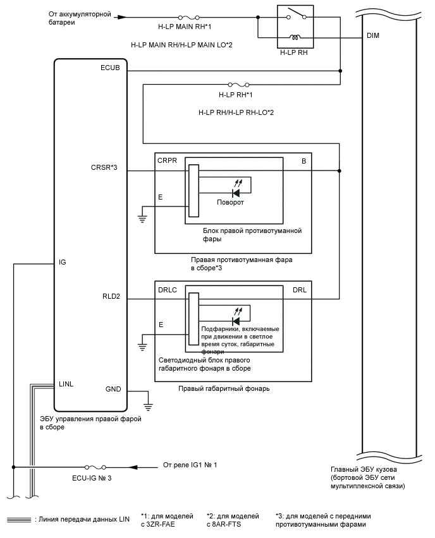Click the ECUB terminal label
coord(109,67)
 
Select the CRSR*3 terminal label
coord(106,167)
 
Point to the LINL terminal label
coord(67,383)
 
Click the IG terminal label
coord(62,260)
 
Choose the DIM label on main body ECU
coord(373,36)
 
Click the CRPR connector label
coord(166,161)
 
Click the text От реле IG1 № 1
coord(190,465)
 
